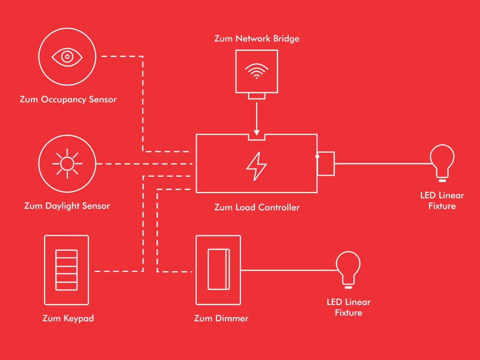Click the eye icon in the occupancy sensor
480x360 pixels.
coord(67,57)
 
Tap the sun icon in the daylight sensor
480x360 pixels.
coord(67,164)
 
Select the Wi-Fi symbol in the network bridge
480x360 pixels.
coord(256,71)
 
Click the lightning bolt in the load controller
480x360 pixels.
coord(256,166)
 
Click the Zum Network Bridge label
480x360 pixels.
coord(256,39)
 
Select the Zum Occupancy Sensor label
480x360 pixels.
coord(68,99)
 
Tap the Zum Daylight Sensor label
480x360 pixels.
coord(67,206)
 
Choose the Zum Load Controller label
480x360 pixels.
coord(257,207)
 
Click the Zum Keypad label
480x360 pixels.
coord(68,318)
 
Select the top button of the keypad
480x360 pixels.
coord(66,254)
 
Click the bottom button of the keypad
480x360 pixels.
coord(66,286)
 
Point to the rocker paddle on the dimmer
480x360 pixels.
coord(218,269)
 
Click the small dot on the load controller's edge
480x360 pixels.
coord(317,156)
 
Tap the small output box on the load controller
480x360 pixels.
coord(326,164)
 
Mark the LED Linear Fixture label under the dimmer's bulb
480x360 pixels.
coord(348,307)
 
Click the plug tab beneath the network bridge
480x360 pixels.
coord(256,96)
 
